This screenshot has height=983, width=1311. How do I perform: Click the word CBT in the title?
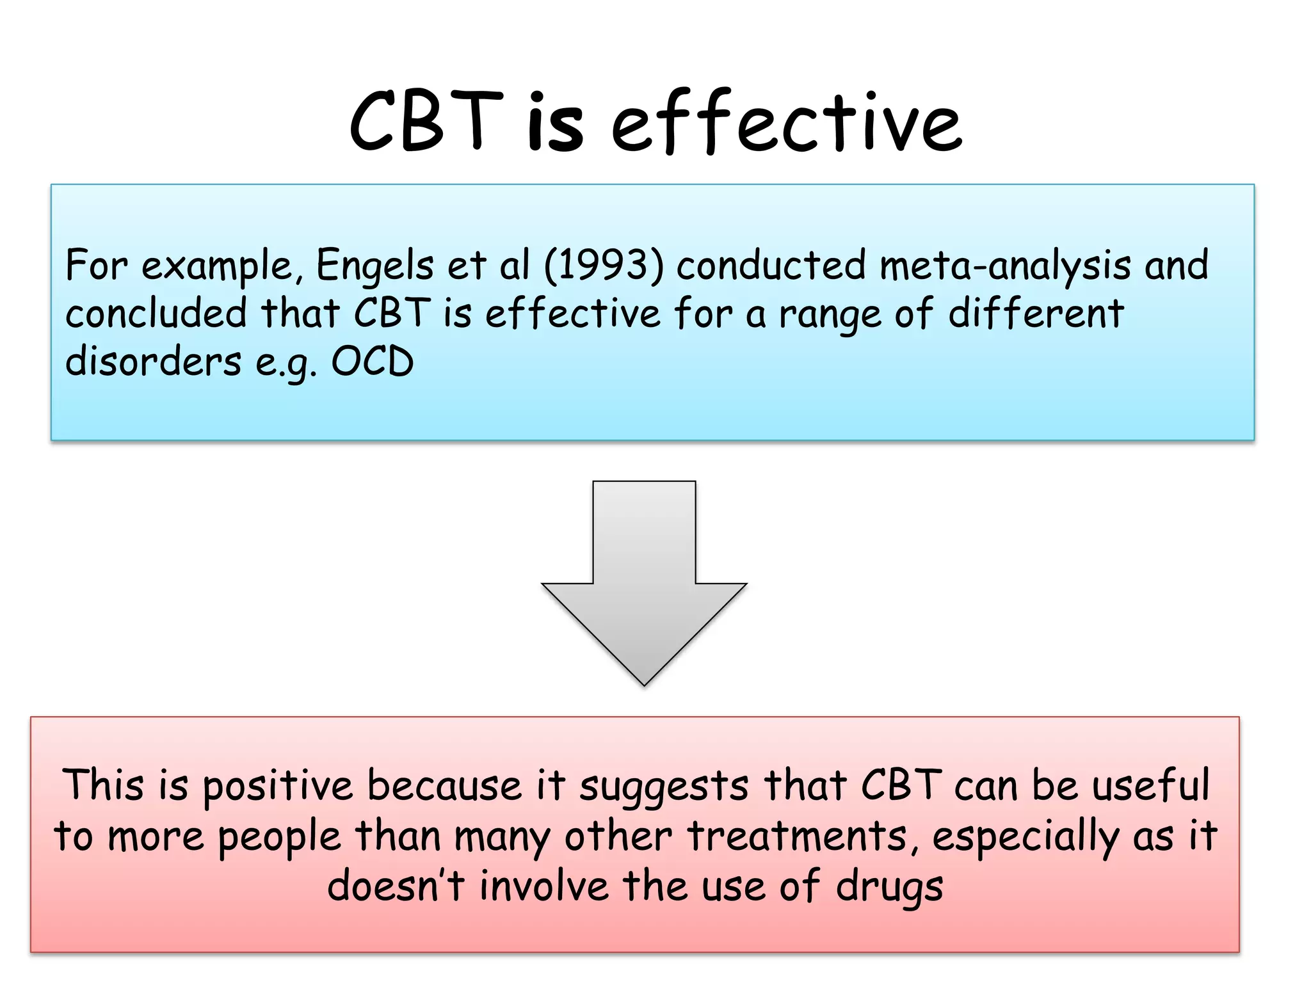tap(426, 122)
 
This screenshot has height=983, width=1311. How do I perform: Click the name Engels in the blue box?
tap(374, 266)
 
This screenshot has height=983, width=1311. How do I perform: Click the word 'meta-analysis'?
tap(1005, 266)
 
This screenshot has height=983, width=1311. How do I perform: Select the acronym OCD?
tap(372, 362)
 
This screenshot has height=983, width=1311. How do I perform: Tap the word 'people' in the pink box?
tap(279, 838)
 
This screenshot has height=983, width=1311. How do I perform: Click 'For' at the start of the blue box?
tap(97, 266)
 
